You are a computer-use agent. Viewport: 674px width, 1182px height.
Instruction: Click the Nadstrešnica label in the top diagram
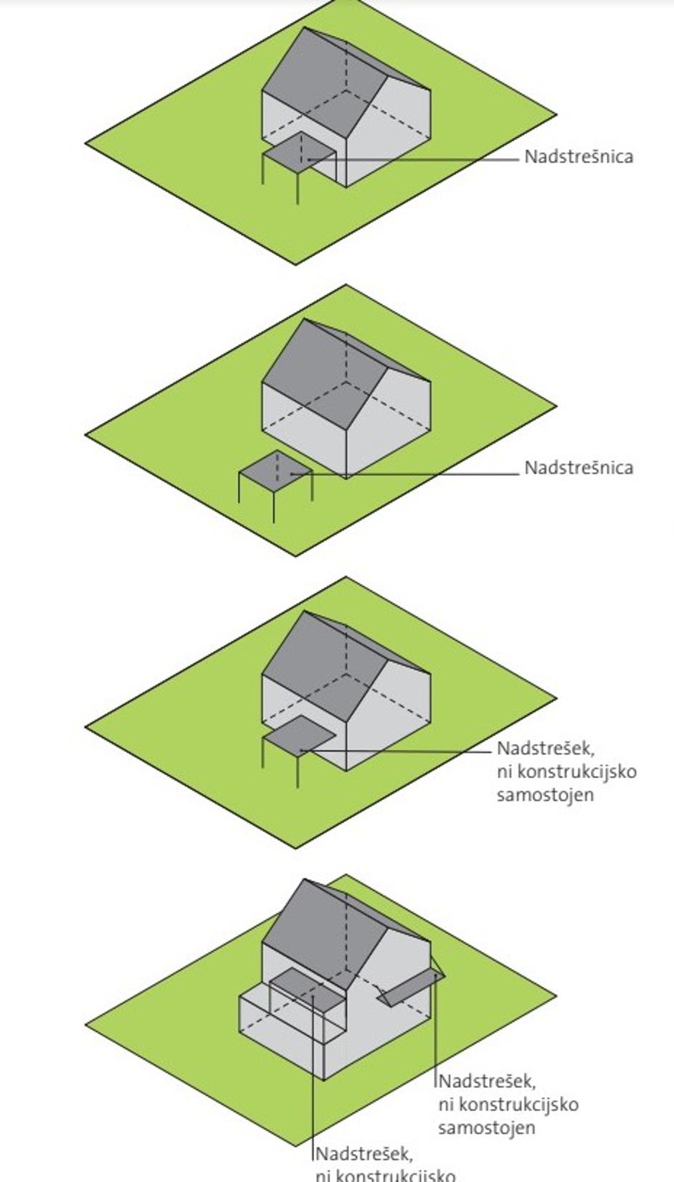click(579, 156)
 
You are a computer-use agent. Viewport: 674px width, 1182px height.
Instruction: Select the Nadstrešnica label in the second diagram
click(579, 468)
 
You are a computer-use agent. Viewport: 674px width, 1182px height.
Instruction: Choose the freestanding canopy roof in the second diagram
click(275, 469)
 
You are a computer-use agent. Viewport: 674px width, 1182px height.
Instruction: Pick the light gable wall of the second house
click(391, 420)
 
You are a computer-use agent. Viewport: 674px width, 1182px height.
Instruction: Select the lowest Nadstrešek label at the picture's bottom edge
click(364, 1155)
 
